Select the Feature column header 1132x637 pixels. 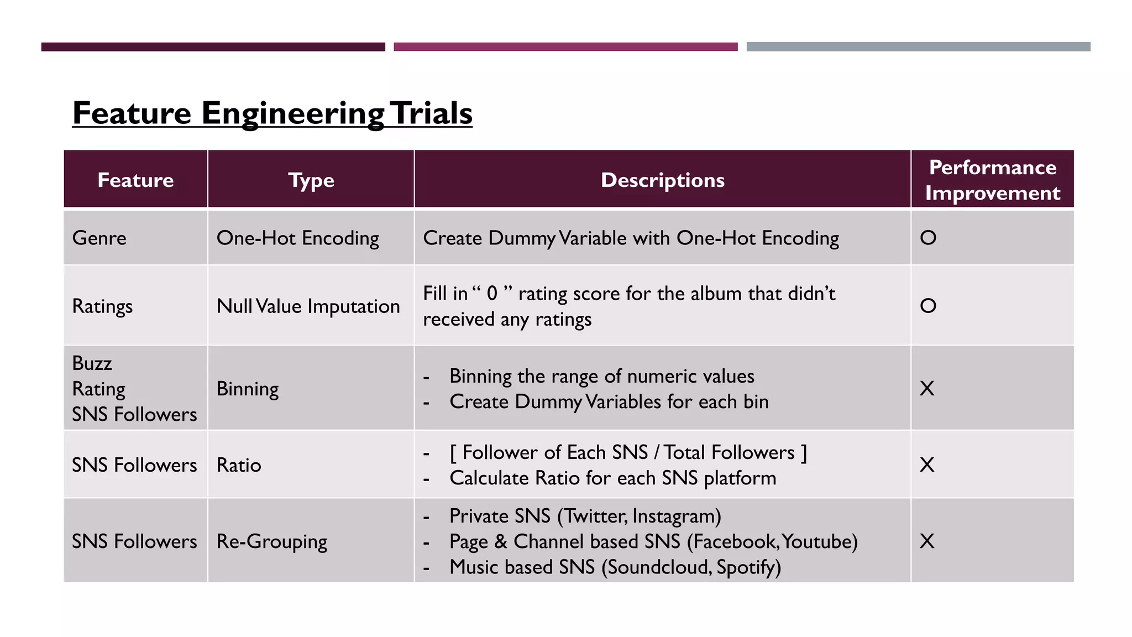tap(135, 180)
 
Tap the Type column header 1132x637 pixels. tap(311, 180)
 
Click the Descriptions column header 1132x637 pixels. tap(662, 180)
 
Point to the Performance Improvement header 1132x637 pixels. tap(992, 180)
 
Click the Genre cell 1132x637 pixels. tap(99, 238)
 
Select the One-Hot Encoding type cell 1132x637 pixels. tap(297, 238)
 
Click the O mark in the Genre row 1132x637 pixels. tap(928, 238)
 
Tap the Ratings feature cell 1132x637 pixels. tap(102, 306)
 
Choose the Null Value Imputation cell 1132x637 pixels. tap(308, 306)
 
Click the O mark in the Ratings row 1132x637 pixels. tap(928, 306)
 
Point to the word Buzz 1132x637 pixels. tap(92, 363)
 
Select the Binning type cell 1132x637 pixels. tap(247, 389)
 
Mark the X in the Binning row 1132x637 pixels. tap(927, 388)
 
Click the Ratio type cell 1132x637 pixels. tap(238, 465)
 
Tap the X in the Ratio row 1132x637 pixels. tap(927, 464)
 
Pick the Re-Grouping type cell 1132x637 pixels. tap(271, 541)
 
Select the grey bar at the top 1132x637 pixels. tap(918, 47)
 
